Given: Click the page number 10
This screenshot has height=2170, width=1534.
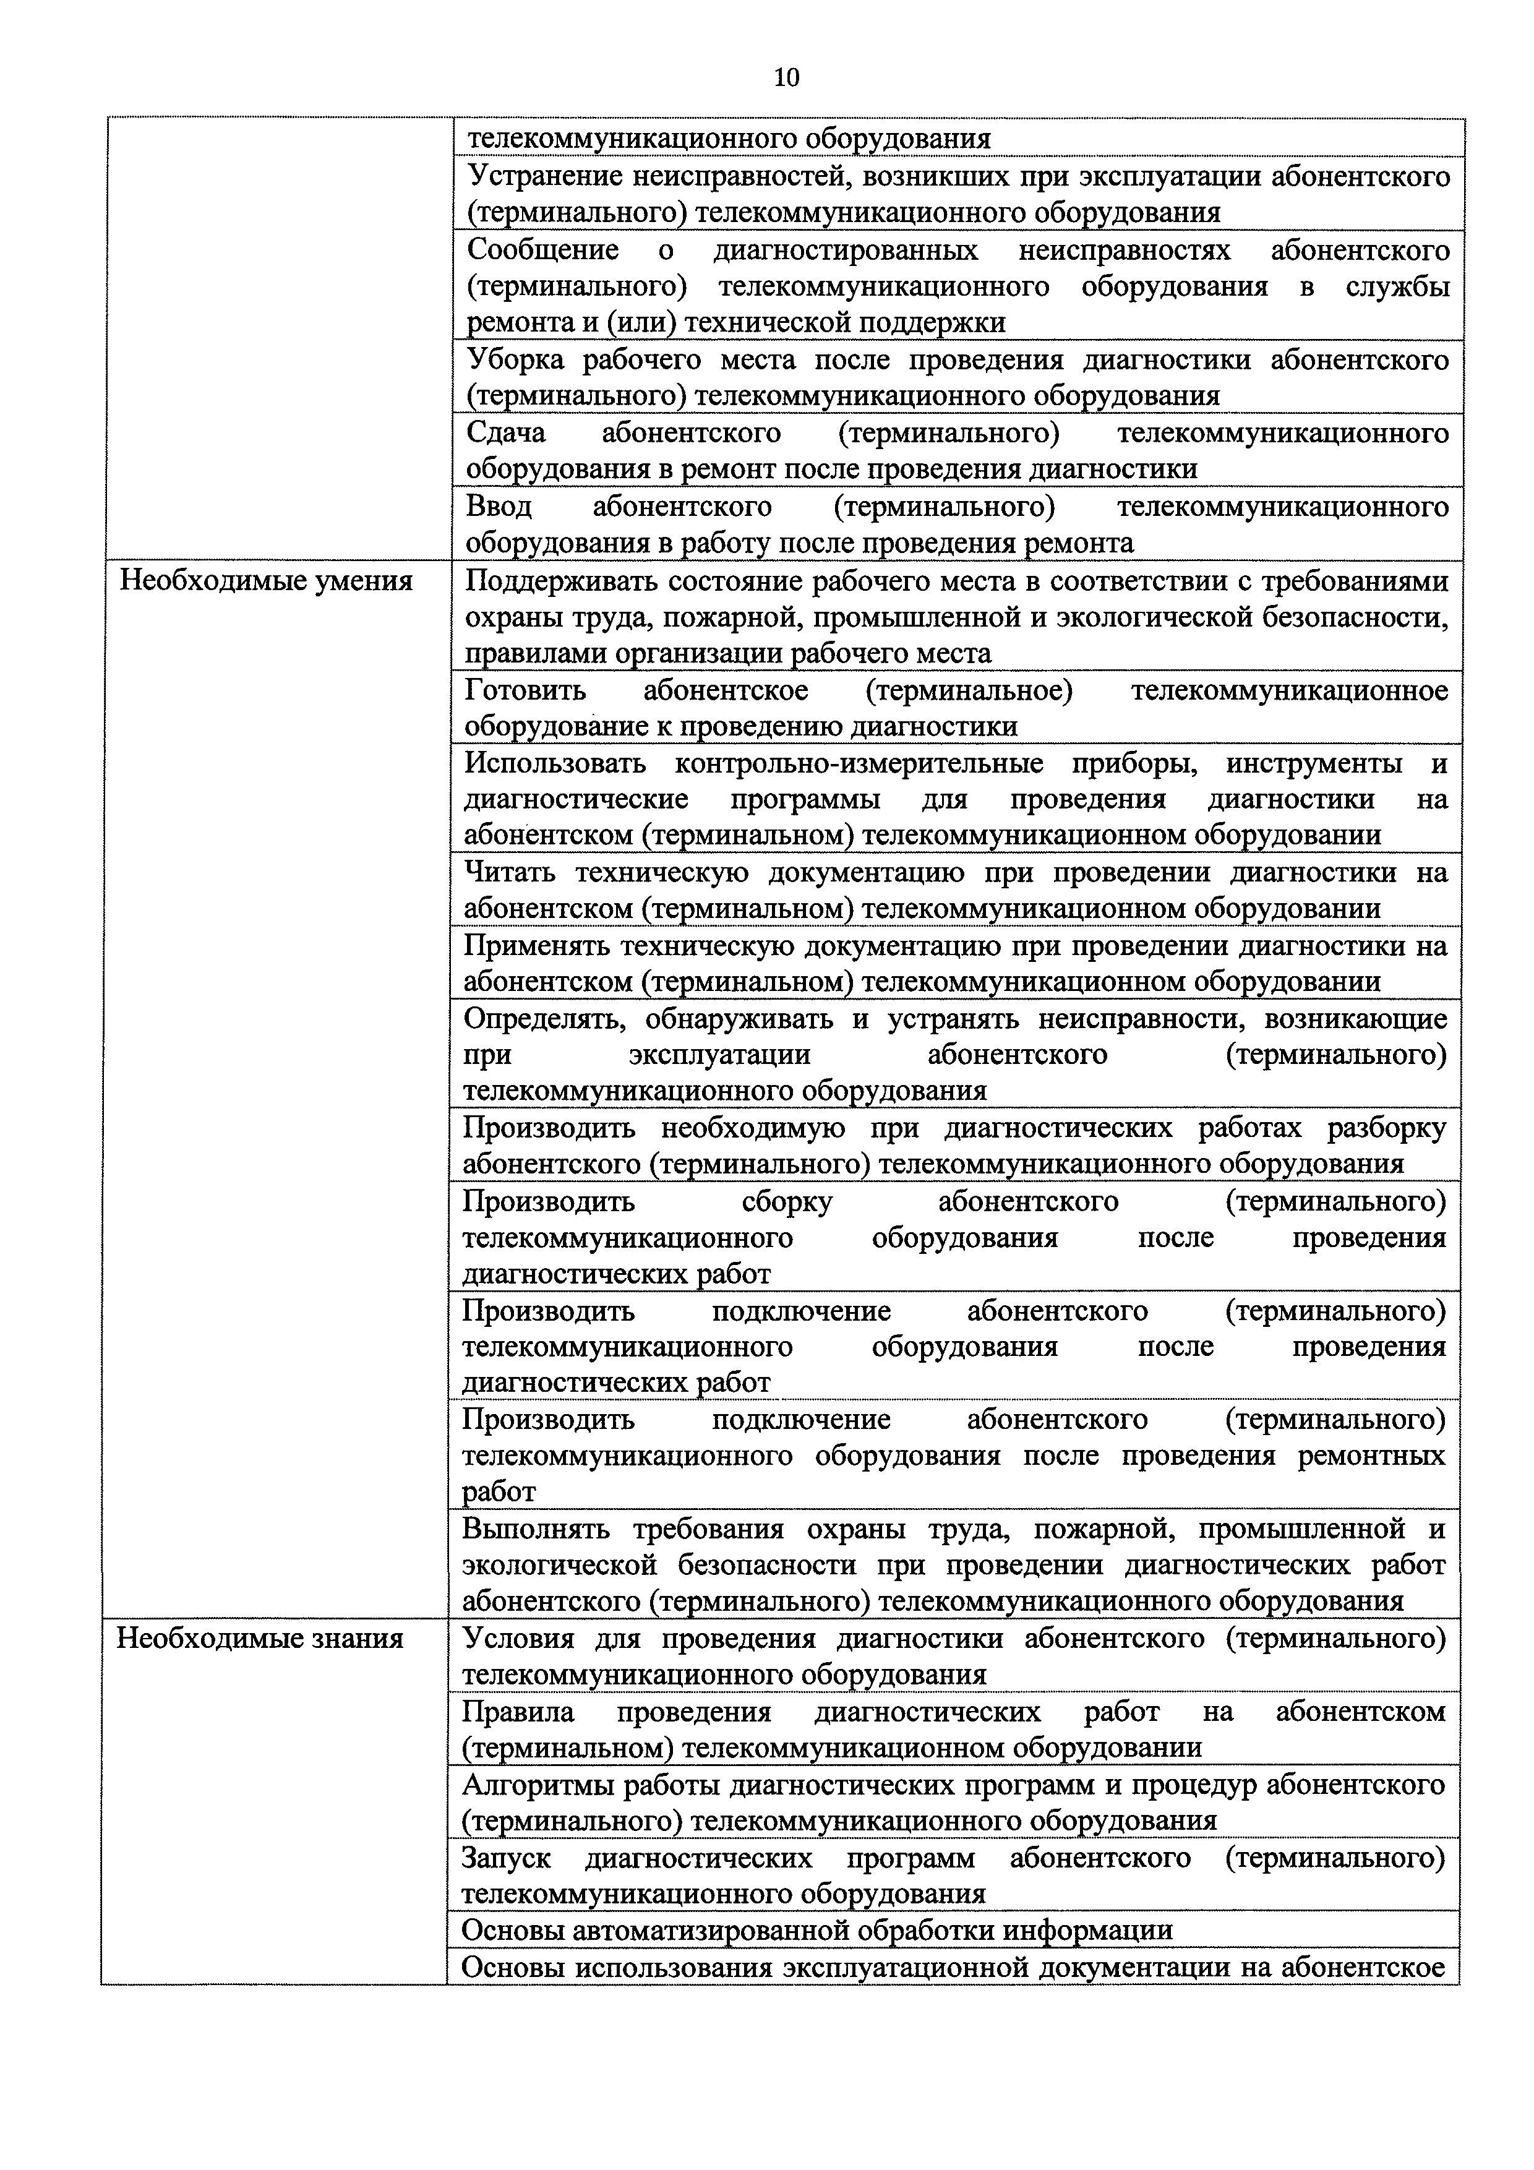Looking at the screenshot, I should coord(786,77).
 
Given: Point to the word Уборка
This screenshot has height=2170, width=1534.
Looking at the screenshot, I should coord(515,360).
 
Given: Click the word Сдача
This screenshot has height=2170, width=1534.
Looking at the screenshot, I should coord(505,433).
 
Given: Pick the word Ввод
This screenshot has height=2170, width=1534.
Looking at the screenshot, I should coord(499,507).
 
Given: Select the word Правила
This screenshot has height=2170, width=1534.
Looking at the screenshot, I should coord(518,1712).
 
